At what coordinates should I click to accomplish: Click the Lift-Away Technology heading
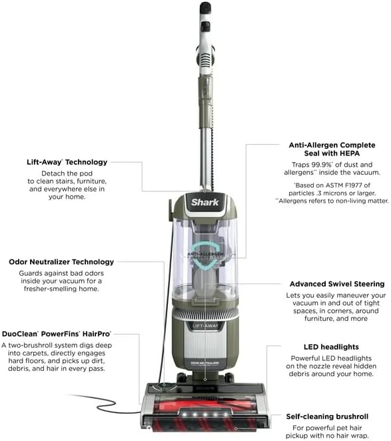[66, 161]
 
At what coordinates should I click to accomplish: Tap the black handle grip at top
[205, 8]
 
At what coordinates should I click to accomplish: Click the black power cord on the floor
[100, 402]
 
